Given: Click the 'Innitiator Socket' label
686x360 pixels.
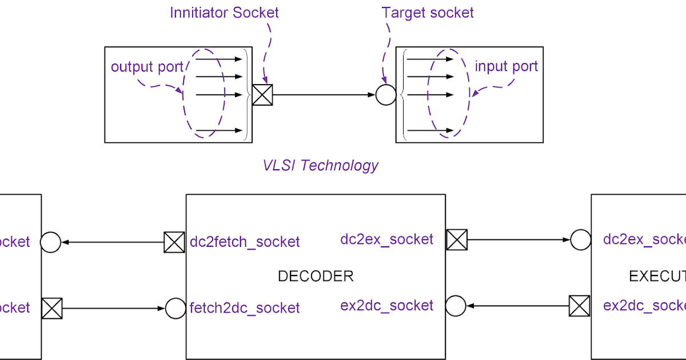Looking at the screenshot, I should [224, 13].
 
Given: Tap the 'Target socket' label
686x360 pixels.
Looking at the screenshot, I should [428, 13].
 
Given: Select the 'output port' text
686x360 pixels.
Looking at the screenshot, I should [147, 67].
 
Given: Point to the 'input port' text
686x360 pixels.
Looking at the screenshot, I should [506, 66].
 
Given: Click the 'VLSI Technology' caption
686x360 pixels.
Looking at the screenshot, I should [320, 165].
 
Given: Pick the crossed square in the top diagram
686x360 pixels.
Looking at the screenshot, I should [262, 95].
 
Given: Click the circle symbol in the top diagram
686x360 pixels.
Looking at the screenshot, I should [386, 95].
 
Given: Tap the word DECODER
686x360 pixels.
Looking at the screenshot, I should [316, 276].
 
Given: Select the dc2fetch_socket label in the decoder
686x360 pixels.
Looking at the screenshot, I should [245, 242].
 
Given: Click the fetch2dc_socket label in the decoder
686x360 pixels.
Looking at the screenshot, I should [245, 308].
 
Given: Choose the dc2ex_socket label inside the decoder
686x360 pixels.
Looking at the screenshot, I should [387, 239].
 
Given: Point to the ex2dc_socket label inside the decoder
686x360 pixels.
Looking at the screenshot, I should [387, 306].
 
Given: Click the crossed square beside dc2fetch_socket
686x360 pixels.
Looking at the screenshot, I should [174, 242].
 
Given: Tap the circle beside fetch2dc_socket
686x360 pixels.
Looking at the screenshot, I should [176, 309].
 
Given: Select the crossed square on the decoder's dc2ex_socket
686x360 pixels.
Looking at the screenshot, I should [457, 239].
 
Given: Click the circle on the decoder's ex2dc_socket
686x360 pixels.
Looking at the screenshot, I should [456, 306].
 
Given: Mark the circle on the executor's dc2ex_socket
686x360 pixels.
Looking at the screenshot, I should [581, 240].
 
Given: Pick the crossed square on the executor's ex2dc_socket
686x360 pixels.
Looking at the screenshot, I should [580, 306].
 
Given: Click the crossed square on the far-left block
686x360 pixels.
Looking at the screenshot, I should [51, 309].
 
